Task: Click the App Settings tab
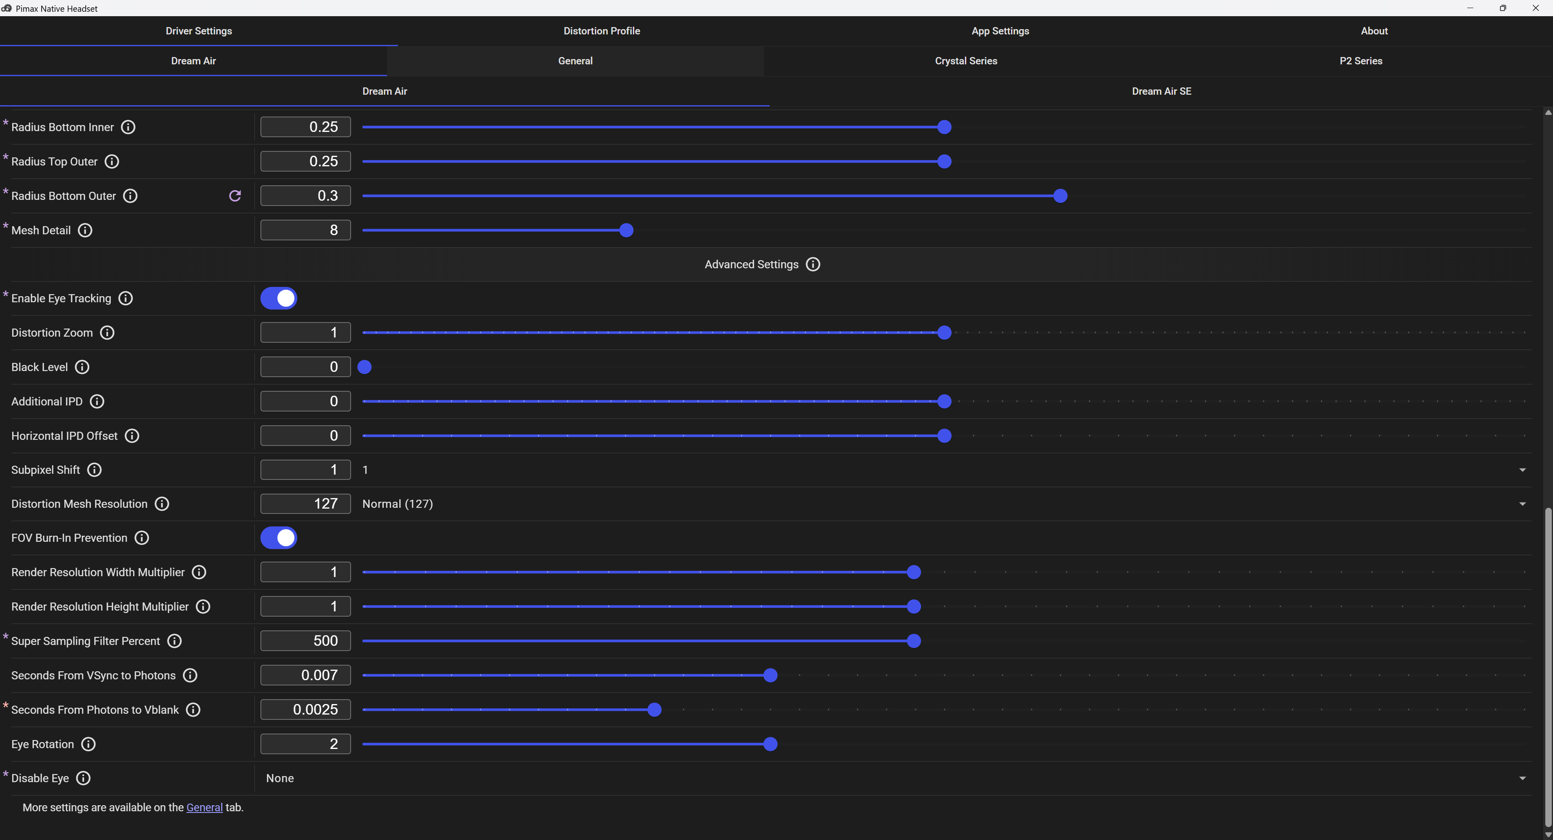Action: pos(1000,31)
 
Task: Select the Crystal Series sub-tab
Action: pos(966,61)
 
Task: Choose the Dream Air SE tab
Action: pos(1161,91)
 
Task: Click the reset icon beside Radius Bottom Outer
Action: pos(235,196)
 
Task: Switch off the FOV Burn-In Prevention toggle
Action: pos(279,538)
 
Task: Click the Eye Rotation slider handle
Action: pos(770,744)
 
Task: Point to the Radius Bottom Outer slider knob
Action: pos(1060,196)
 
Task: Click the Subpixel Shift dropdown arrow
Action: pos(1522,470)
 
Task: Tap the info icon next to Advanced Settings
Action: pos(812,265)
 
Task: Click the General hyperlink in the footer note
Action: pos(204,808)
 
